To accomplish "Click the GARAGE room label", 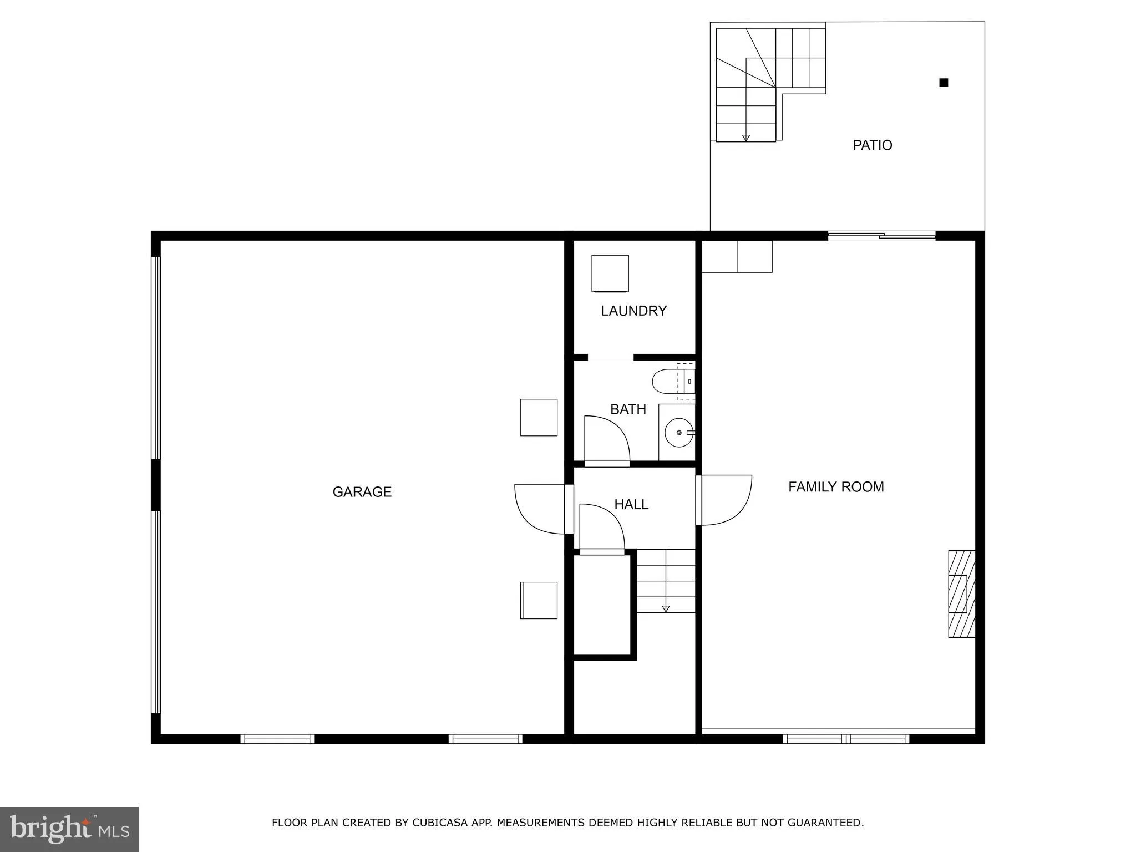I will (x=362, y=492).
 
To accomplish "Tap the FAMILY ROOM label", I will (x=836, y=487).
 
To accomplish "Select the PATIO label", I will (x=872, y=145).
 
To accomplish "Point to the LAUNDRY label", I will (x=633, y=311).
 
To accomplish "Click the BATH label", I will (x=628, y=409).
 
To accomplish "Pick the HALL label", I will (x=631, y=505).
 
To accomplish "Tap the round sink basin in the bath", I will (x=678, y=433).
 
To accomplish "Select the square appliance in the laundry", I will (x=610, y=273).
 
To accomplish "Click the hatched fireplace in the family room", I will (x=961, y=594).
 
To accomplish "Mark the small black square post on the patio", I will (x=943, y=83).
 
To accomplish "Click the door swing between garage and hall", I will (x=541, y=508).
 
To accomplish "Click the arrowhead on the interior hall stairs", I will (x=666, y=609).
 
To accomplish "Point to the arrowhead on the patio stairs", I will (x=746, y=138).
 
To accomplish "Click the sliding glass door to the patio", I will (x=881, y=236).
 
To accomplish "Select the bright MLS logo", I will (x=69, y=829).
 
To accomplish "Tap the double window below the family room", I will (x=846, y=738).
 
